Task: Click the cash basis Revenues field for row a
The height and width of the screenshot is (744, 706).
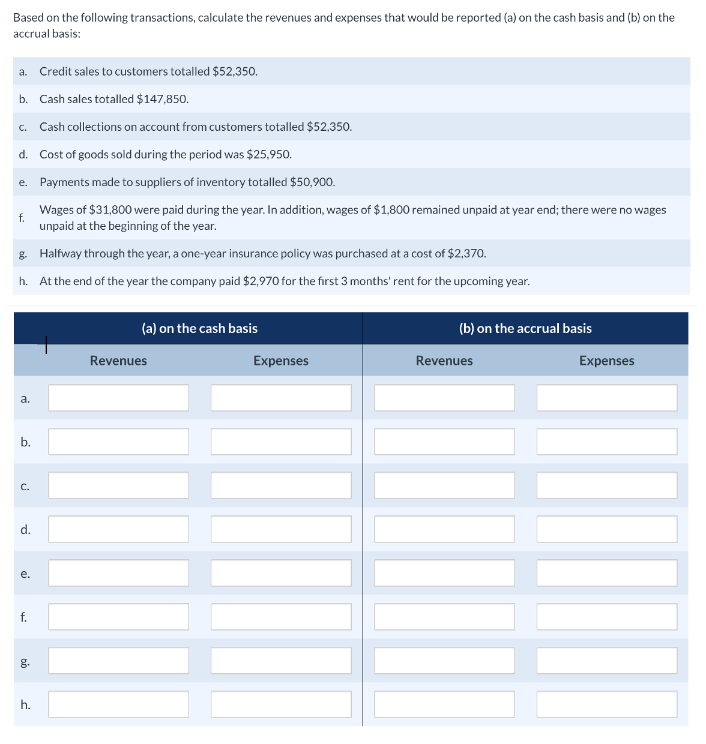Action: (x=118, y=398)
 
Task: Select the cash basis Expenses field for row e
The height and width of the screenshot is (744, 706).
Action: (x=281, y=573)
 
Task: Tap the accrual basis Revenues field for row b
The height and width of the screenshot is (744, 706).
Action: (x=444, y=442)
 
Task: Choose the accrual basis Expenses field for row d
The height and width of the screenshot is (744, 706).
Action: (x=607, y=529)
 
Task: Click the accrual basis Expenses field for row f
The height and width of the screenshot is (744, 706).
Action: (x=607, y=617)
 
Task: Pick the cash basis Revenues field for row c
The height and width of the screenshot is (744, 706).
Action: (x=118, y=485)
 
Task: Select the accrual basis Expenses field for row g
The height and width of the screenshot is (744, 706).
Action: (x=607, y=661)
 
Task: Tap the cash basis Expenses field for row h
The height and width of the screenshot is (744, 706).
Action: (x=281, y=704)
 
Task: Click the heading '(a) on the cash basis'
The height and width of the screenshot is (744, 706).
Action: (x=199, y=328)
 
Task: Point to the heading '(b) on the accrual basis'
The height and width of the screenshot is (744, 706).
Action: (x=525, y=328)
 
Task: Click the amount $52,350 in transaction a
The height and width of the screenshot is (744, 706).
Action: (x=235, y=71)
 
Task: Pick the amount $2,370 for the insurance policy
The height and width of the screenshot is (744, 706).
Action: (x=466, y=253)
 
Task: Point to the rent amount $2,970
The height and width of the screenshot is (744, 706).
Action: (x=261, y=281)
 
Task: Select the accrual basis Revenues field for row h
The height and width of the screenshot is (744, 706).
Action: (x=444, y=704)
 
